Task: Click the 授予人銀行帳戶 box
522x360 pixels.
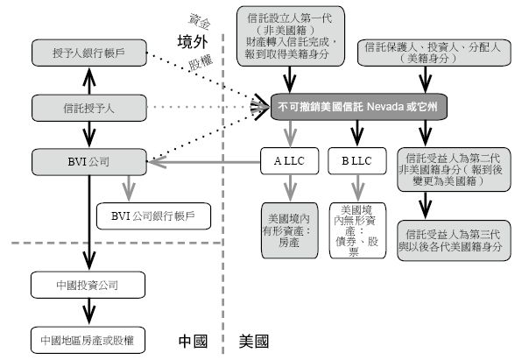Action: click(x=88, y=53)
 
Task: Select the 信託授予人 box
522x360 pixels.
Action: click(x=88, y=108)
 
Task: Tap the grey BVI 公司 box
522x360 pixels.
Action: click(x=88, y=162)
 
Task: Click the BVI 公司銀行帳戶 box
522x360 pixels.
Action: click(x=153, y=216)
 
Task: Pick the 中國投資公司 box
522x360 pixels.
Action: click(x=88, y=285)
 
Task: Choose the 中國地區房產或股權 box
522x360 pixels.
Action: click(x=88, y=340)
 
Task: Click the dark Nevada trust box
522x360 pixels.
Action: click(x=359, y=107)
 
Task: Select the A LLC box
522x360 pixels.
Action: click(x=289, y=161)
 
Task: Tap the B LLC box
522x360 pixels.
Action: click(x=357, y=161)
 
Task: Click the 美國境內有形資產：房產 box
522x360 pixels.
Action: click(x=290, y=230)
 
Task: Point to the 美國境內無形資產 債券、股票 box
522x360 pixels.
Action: click(x=357, y=230)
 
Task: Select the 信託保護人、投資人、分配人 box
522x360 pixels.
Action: click(x=434, y=53)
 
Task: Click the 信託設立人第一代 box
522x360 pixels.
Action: click(x=291, y=36)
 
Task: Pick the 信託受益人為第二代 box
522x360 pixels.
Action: click(x=454, y=170)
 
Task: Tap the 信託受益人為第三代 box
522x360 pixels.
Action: click(x=454, y=241)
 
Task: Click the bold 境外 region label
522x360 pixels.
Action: click(x=193, y=42)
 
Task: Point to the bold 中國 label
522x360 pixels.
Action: click(x=193, y=342)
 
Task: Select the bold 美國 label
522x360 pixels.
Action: click(x=254, y=342)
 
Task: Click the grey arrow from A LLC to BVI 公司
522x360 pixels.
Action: click(x=204, y=162)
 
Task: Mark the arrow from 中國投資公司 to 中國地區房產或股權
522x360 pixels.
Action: click(x=88, y=311)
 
